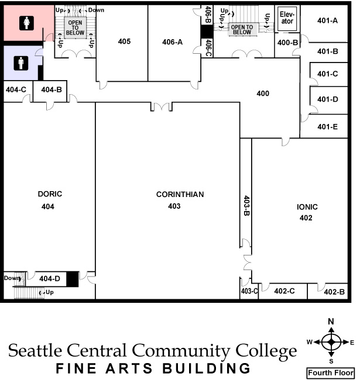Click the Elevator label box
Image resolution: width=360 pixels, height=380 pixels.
[x=287, y=18]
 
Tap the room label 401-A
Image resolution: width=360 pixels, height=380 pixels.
[x=327, y=20]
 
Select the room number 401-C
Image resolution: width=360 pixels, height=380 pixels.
[x=327, y=74]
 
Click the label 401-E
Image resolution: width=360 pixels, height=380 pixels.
[x=327, y=127]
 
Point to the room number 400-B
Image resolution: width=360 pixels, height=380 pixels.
[x=287, y=43]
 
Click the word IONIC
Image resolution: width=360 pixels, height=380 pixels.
[x=306, y=207]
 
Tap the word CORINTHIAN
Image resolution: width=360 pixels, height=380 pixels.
[x=180, y=194]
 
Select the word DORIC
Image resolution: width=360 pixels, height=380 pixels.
[x=50, y=194]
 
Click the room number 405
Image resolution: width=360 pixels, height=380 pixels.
[x=124, y=42]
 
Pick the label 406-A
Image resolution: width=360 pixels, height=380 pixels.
[x=173, y=42]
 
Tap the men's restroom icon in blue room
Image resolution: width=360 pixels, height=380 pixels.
[x=21, y=61]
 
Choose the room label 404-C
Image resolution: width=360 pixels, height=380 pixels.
[x=16, y=89]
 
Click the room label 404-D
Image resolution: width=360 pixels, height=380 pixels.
[x=50, y=279]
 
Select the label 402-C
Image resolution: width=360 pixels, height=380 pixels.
[x=284, y=291]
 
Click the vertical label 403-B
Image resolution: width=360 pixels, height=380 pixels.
[x=246, y=205]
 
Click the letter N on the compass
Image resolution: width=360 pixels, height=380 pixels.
[x=331, y=322]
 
